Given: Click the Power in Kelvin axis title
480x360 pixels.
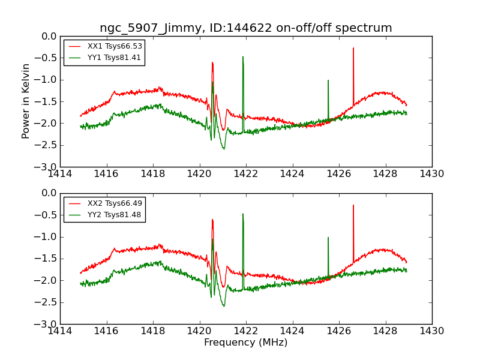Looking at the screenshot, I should coord(26,101).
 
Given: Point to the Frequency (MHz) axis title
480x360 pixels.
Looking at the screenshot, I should coord(245,343).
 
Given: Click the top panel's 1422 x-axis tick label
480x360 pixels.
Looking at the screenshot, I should coord(246,174).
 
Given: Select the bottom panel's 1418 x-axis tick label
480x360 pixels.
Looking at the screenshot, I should coord(153,331).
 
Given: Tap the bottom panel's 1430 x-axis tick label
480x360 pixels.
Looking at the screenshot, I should coord(432,331).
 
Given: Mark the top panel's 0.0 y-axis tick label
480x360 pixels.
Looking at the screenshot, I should coord(49,36).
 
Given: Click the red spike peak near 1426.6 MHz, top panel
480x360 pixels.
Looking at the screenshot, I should coord(353,48).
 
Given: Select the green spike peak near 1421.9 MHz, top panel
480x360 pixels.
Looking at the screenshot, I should coord(243,57).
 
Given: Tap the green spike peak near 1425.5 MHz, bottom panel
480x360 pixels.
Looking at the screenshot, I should coord(328,238).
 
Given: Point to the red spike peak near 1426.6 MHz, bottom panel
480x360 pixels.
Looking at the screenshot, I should coord(353,205).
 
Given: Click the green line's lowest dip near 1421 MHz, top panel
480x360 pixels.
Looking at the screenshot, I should coord(224,149).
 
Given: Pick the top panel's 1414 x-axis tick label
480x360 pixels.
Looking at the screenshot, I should coord(60,174).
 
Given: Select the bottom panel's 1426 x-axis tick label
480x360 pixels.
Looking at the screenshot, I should coord(339,331).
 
